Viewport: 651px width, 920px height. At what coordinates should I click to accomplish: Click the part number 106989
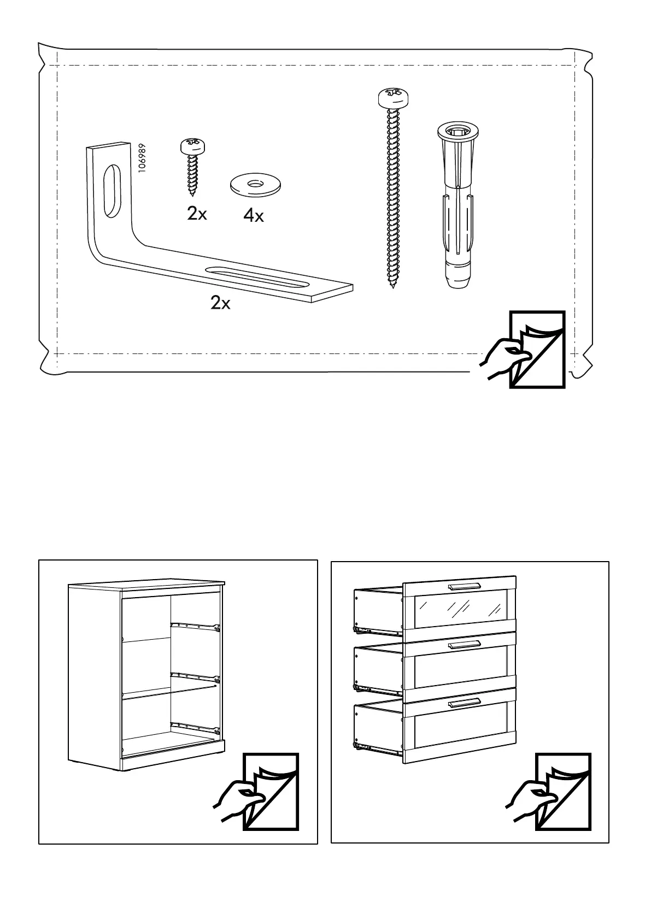click(x=142, y=159)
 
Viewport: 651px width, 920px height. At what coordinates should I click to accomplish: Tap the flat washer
click(x=254, y=184)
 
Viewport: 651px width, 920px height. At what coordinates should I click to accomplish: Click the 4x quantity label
click(x=254, y=217)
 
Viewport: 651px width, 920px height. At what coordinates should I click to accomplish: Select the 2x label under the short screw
click(x=197, y=214)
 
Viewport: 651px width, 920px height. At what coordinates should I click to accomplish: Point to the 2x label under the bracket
click(x=220, y=303)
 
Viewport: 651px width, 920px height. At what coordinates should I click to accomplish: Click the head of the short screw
click(x=193, y=146)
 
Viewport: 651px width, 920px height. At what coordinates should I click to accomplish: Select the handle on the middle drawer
click(x=464, y=645)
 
